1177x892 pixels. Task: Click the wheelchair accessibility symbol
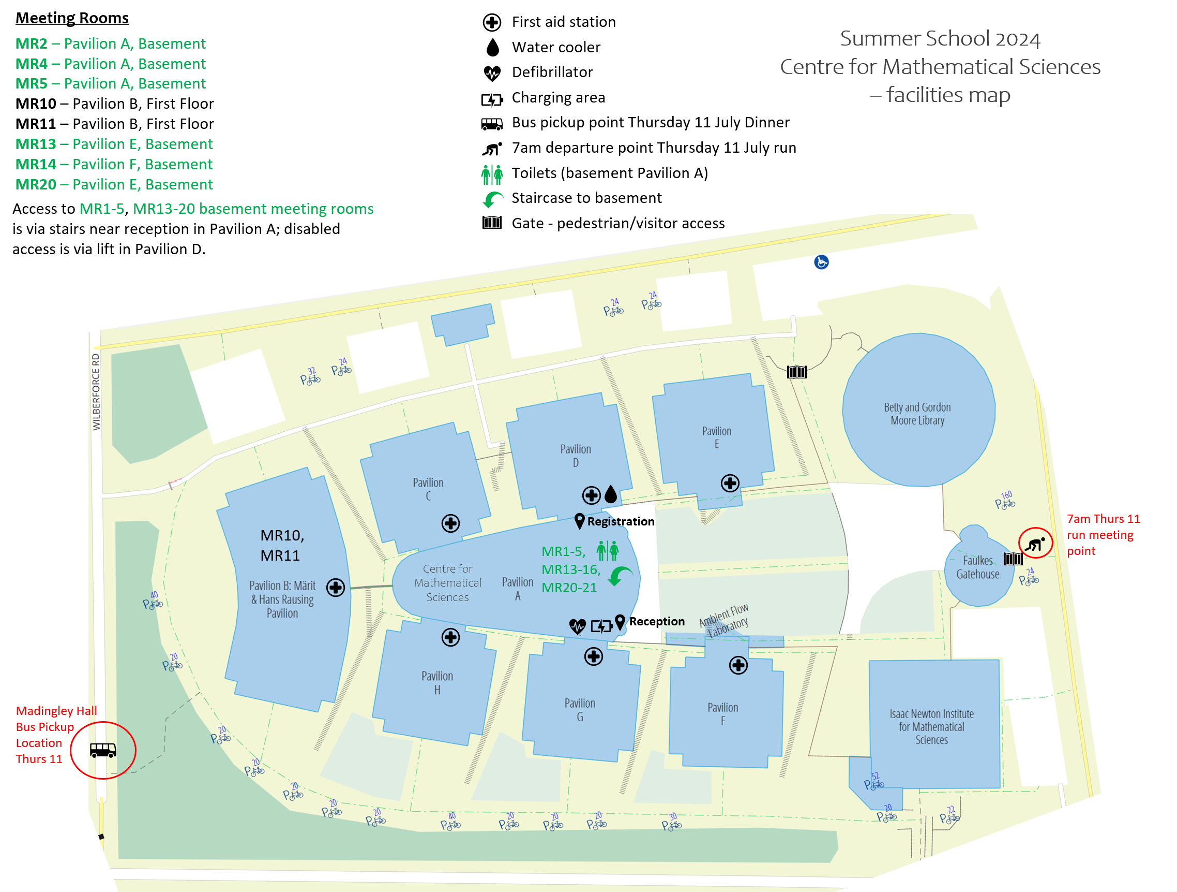point(821,262)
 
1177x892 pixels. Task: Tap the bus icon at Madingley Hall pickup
point(103,750)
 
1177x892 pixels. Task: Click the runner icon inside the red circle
point(1035,544)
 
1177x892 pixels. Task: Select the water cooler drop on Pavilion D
point(611,494)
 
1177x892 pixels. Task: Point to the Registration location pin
point(580,521)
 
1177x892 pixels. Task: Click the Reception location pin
point(620,621)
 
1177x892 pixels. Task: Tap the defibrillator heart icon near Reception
point(577,626)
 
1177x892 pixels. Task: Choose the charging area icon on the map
point(601,626)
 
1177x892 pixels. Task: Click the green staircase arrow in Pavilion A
point(620,576)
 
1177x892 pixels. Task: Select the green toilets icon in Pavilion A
point(607,551)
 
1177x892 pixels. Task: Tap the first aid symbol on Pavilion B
point(335,588)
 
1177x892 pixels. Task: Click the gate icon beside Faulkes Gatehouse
point(1013,559)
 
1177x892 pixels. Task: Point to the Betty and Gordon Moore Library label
point(917,414)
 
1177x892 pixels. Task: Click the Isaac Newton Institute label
point(931,726)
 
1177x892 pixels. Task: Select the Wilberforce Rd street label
point(96,391)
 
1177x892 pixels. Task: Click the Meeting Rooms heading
point(72,18)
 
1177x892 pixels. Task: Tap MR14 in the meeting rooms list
point(36,164)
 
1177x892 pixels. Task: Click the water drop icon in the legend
point(493,48)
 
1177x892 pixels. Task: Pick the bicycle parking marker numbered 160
point(1005,501)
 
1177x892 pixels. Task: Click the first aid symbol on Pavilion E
point(730,483)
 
